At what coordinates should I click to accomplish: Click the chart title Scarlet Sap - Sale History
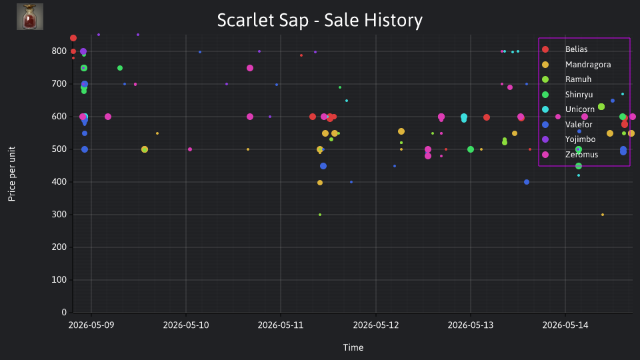(319, 20)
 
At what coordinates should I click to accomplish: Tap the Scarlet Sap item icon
(30, 17)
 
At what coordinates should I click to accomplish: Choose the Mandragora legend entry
(576, 65)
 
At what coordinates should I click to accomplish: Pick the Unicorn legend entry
(568, 109)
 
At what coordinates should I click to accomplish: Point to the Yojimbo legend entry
(568, 139)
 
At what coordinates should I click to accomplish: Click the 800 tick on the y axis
(59, 51)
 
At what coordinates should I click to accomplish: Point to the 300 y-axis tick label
(59, 214)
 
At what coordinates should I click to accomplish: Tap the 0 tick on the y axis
(64, 312)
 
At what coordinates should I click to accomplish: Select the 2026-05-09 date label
(91, 325)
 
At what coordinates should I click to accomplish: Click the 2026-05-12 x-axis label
(376, 325)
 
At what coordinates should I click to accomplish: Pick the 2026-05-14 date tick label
(565, 325)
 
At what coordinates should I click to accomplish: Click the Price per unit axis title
(12, 174)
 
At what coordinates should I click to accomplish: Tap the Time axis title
(353, 347)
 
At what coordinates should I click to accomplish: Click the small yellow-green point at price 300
(320, 215)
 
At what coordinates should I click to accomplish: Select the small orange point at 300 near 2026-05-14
(603, 215)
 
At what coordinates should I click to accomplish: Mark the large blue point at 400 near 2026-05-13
(527, 182)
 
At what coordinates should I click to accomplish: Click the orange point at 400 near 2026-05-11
(320, 183)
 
